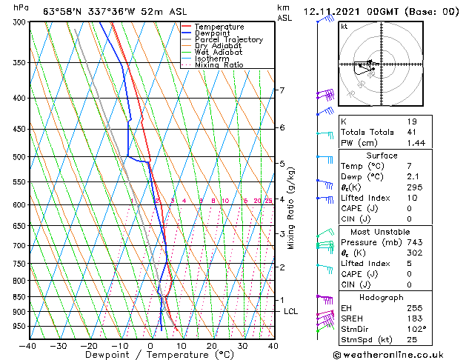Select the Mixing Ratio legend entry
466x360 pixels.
(x=219, y=65)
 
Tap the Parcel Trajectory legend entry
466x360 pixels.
(x=228, y=40)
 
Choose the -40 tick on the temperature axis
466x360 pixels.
(x=27, y=345)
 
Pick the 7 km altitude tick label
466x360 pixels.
(x=282, y=90)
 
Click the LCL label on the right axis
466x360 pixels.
(x=290, y=312)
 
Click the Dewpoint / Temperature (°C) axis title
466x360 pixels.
(x=150, y=356)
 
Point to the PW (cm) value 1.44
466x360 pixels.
(x=416, y=143)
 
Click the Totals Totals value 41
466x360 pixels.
(x=412, y=132)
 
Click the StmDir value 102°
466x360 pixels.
(x=416, y=329)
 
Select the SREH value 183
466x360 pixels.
(x=414, y=318)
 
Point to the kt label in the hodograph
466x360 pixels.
(x=344, y=27)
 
